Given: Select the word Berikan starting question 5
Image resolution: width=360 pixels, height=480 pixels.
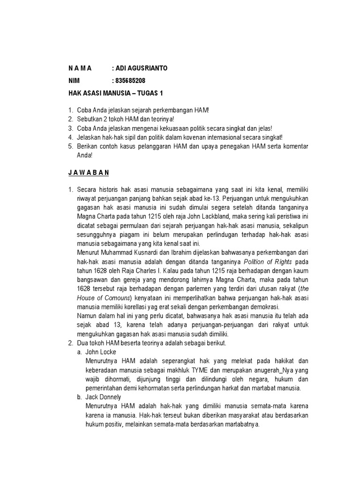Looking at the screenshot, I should pyautogui.click(x=89, y=147).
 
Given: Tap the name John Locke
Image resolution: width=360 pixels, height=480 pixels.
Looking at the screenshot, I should pyautogui.click(x=101, y=352).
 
